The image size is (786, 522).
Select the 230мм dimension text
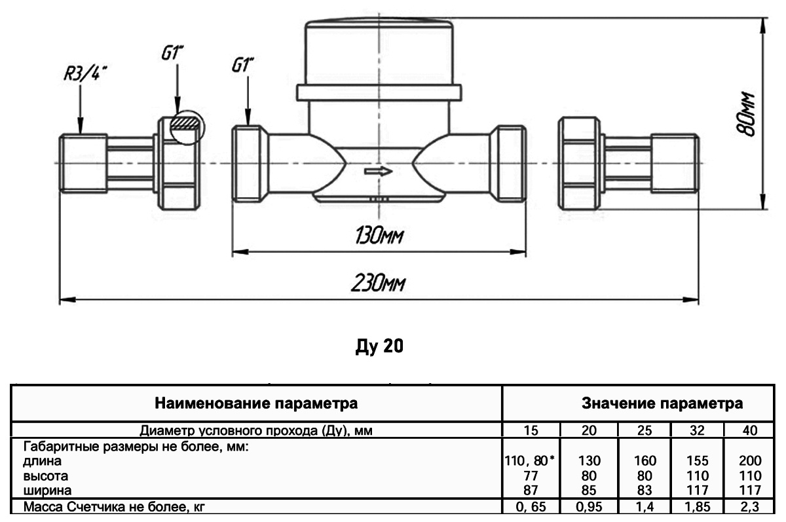(x=379, y=285)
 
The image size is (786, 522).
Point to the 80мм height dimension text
(x=747, y=114)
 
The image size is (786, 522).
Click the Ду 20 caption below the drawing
(x=379, y=346)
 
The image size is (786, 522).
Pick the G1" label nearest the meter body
(x=243, y=66)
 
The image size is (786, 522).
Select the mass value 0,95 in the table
(x=589, y=506)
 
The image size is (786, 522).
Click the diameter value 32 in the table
(x=696, y=430)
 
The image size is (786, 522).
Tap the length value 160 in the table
(x=645, y=460)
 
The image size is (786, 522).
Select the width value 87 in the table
(x=531, y=489)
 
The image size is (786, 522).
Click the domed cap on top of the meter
(x=379, y=52)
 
